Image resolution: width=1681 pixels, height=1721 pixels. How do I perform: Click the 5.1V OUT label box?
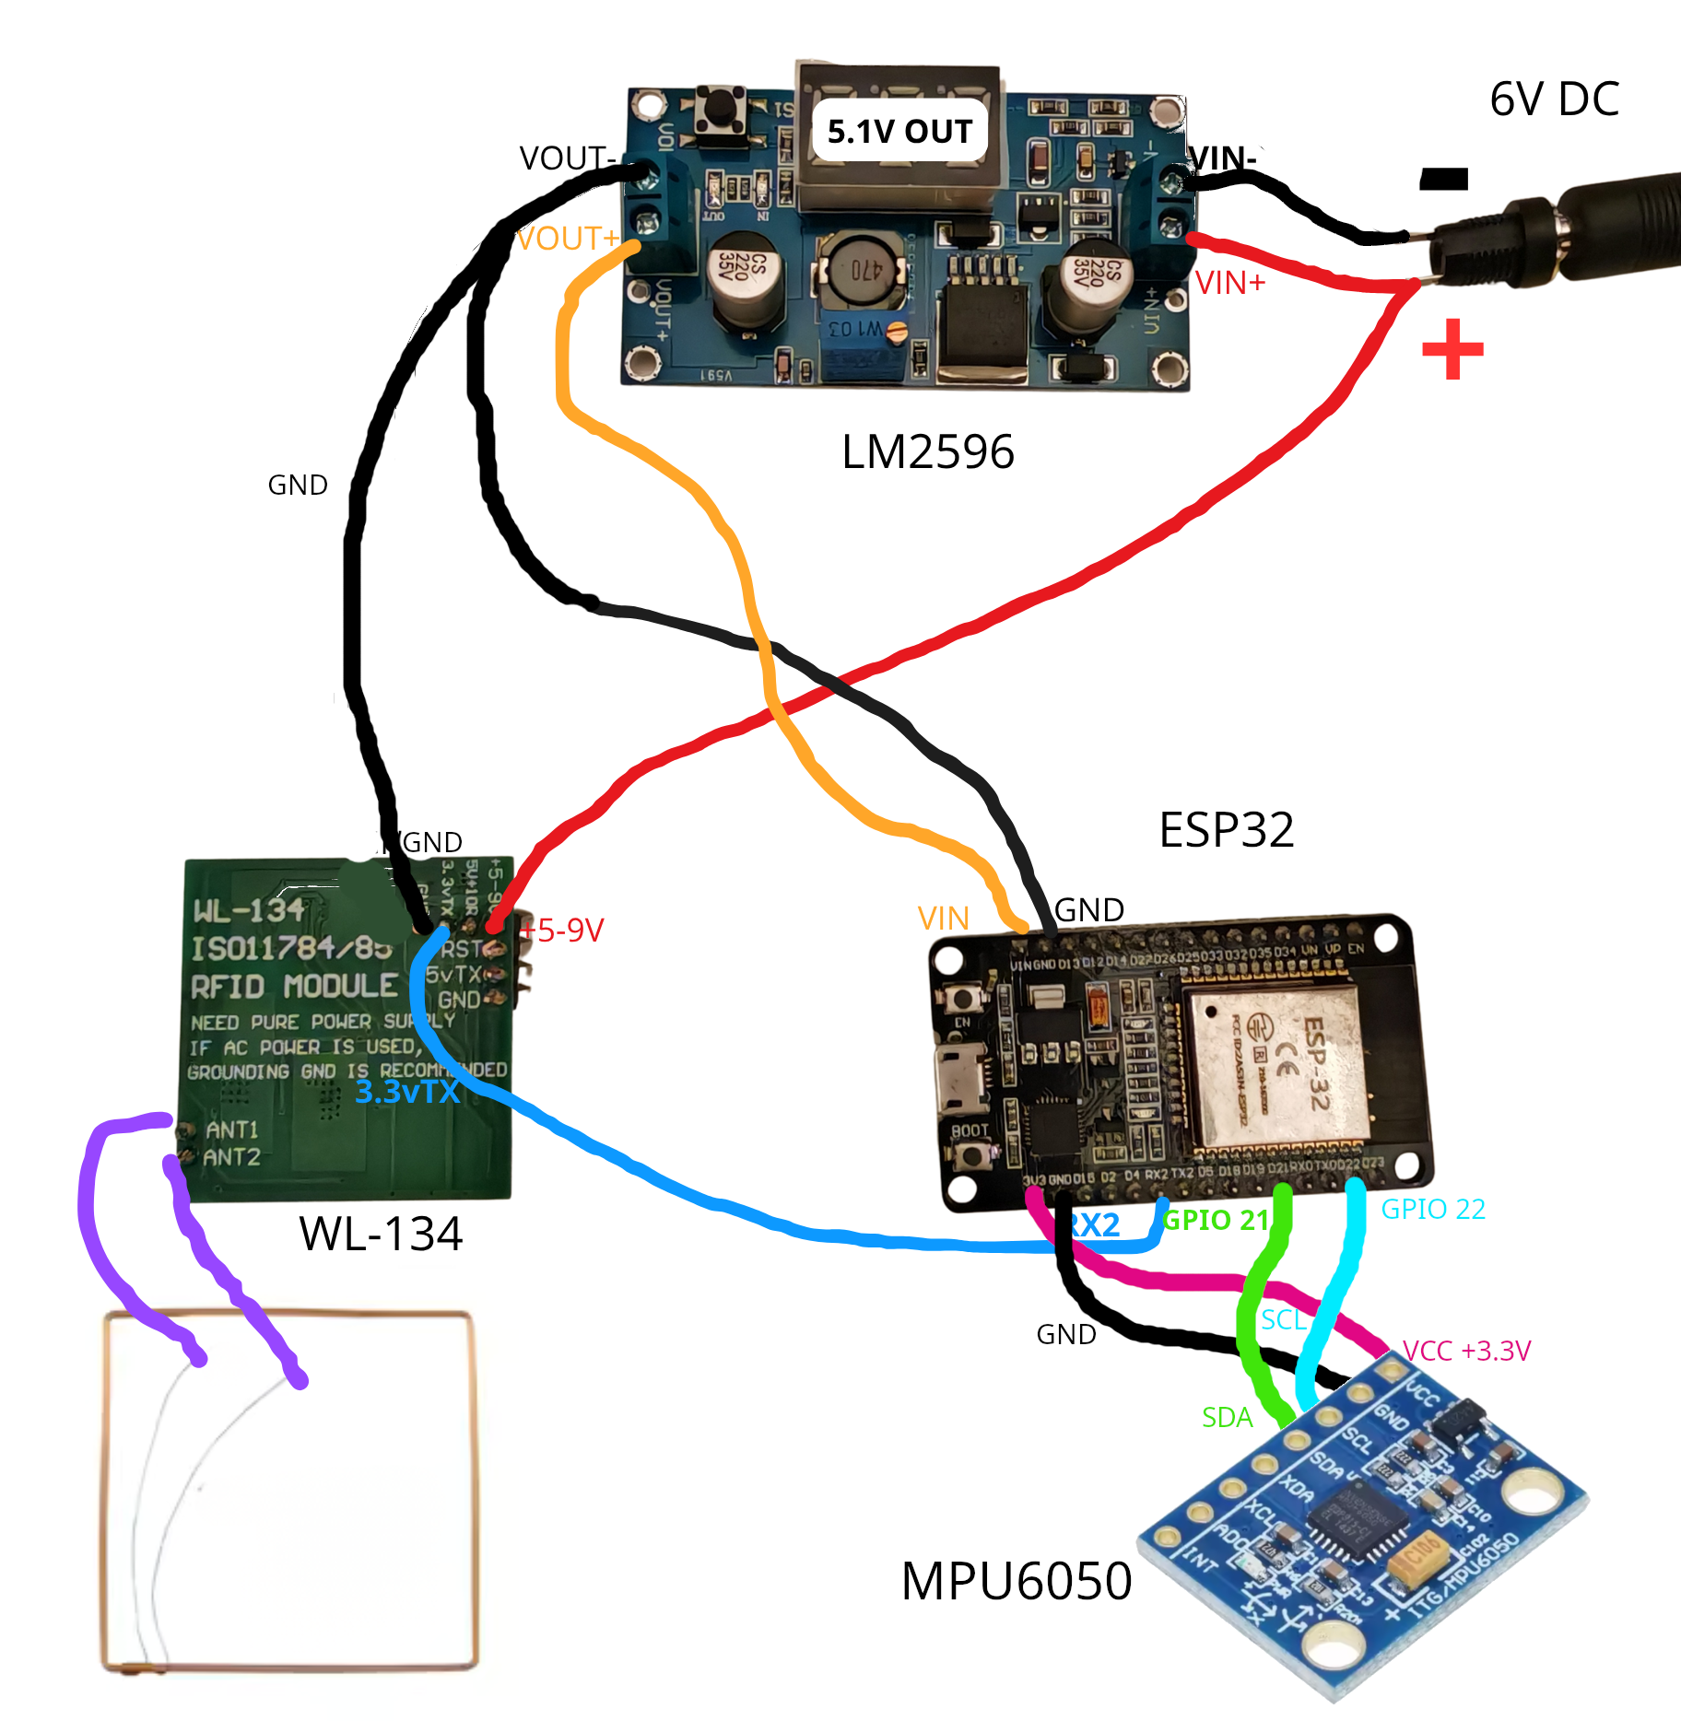[x=899, y=131]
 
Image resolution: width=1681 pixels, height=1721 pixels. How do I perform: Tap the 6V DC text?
[x=1554, y=100]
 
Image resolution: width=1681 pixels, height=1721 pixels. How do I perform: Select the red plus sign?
[x=1452, y=349]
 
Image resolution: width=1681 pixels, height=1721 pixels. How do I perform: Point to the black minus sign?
[x=1443, y=178]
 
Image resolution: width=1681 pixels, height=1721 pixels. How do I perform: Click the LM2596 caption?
[x=927, y=452]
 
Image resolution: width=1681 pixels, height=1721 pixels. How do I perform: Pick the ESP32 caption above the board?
[x=1226, y=830]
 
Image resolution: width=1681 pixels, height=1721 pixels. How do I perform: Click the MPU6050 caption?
[x=1016, y=1581]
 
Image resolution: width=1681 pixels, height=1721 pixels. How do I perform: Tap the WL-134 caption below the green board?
[x=380, y=1234]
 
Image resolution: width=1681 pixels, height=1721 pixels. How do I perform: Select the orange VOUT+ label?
[x=567, y=240]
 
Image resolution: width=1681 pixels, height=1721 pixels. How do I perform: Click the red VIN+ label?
[x=1229, y=284]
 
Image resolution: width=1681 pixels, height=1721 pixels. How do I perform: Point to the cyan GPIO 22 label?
[x=1433, y=1209]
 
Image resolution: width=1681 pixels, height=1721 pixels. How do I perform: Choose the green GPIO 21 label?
[x=1217, y=1220]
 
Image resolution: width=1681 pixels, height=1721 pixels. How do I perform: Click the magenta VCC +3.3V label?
[x=1466, y=1351]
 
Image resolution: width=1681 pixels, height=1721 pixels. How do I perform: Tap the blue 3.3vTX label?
[x=407, y=1092]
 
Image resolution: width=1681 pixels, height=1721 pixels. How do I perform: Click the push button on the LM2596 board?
[x=720, y=111]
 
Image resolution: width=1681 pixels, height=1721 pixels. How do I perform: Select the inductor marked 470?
[x=860, y=271]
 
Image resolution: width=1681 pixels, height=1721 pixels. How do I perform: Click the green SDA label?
[x=1227, y=1418]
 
